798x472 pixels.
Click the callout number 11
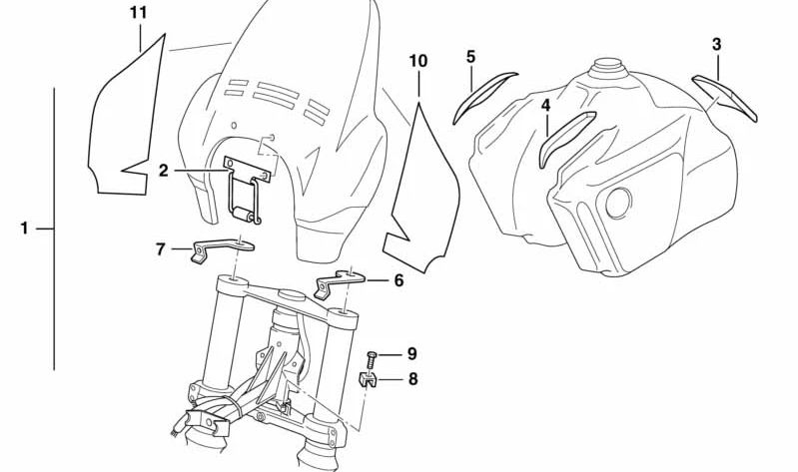139,13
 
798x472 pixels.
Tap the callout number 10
418,61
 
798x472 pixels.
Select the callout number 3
716,45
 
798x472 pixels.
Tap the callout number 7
161,249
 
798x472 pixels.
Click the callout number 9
412,354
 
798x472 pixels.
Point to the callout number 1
24,229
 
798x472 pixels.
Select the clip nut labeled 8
367,380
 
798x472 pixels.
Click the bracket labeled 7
222,249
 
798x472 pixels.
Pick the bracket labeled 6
339,283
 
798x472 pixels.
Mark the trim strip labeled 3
725,96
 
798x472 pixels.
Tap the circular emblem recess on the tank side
619,203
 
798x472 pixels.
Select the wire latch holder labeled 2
246,189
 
